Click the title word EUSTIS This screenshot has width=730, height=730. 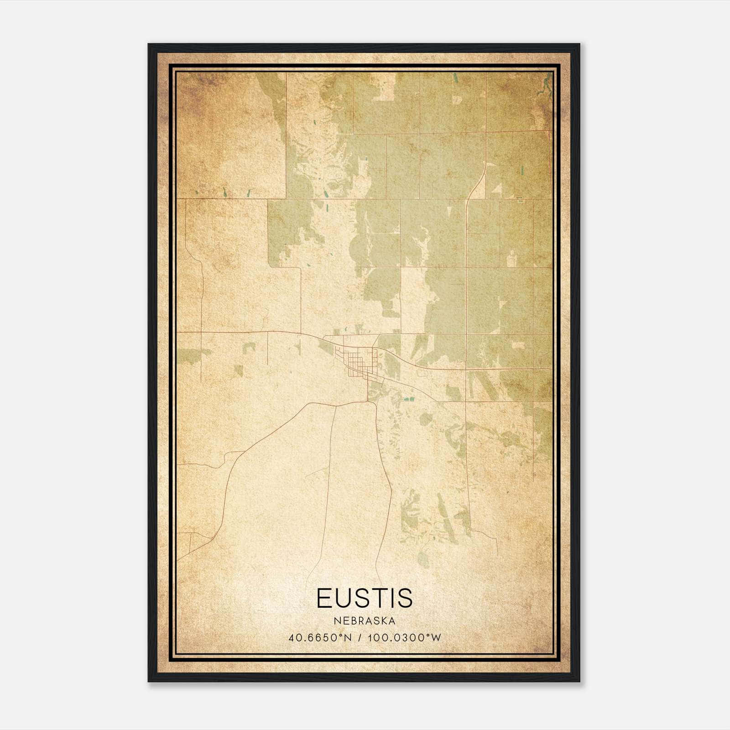(x=365, y=598)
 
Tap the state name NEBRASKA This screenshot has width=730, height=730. (x=365, y=621)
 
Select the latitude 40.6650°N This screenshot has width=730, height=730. (x=320, y=638)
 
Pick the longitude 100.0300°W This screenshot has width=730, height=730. (x=404, y=638)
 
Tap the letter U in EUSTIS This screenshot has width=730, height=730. (x=346, y=598)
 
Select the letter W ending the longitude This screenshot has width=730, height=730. (x=437, y=638)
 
